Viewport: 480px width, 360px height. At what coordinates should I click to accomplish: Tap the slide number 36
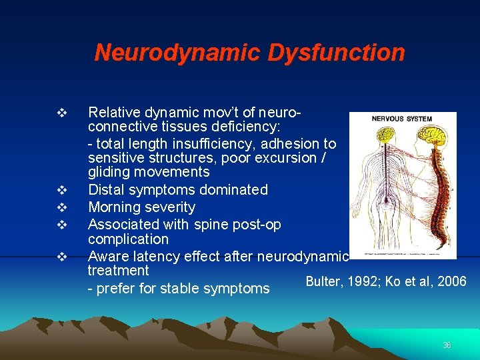[447, 345]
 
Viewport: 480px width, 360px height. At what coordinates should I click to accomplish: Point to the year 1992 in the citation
[358, 281]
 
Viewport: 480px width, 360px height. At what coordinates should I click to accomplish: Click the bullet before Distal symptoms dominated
[61, 190]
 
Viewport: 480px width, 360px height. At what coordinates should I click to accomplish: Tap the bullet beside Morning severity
[61, 207]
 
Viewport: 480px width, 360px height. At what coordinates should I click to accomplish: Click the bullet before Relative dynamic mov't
[61, 112]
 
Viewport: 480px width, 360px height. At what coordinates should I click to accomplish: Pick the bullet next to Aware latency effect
[61, 256]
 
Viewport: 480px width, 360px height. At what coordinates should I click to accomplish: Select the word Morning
[114, 207]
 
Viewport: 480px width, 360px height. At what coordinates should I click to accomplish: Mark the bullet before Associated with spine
[61, 225]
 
